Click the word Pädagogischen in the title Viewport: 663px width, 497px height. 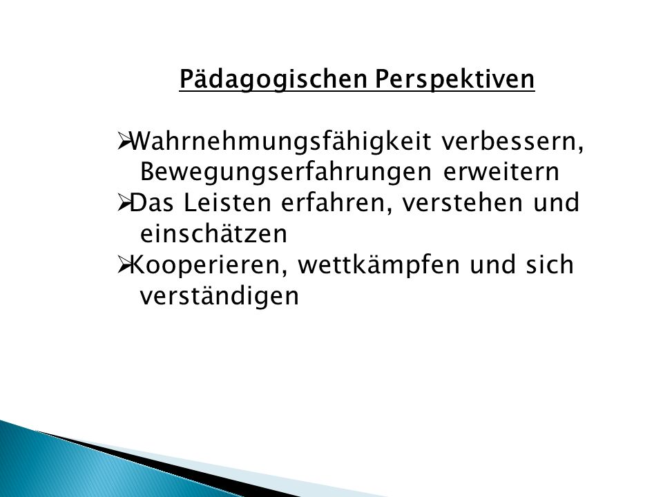pos(273,79)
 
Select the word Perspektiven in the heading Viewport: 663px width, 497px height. pos(455,79)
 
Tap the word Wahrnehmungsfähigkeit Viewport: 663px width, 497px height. pos(280,142)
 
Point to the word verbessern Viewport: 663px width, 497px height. pos(512,142)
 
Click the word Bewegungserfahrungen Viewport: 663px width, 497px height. pos(286,173)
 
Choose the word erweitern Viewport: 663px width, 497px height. pos(501,173)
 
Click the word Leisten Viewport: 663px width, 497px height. pos(227,203)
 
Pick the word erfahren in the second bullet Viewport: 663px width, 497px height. pos(336,204)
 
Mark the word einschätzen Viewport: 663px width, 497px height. pos(213,234)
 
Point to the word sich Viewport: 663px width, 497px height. pos(550,264)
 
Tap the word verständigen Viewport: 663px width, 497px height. pos(219,296)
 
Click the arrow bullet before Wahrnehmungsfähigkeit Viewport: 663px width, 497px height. pos(123,141)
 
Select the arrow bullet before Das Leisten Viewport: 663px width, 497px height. pos(123,203)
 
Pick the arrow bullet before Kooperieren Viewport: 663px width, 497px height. pos(123,265)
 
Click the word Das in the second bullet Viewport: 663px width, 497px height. pos(152,203)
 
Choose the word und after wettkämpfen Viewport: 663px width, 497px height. pos(493,264)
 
